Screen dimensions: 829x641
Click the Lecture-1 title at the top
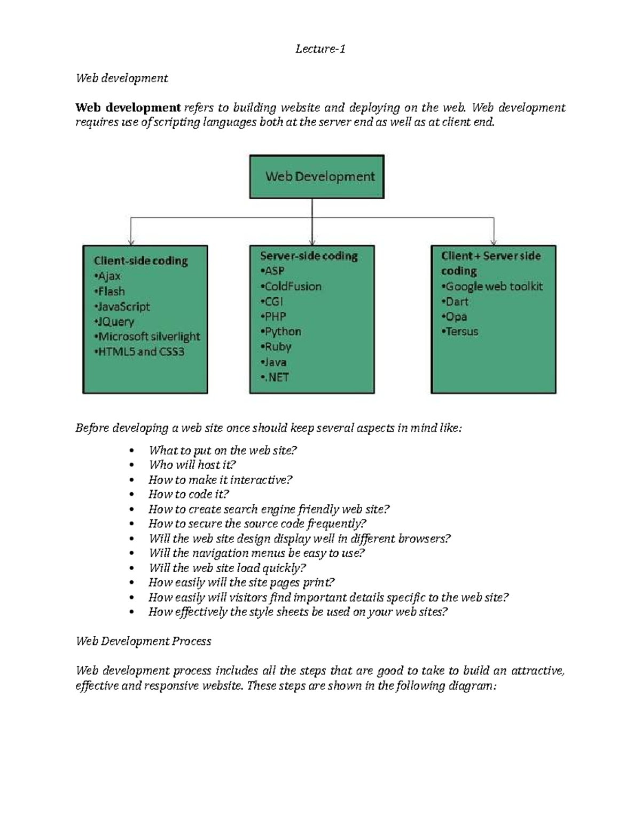pyautogui.click(x=320, y=49)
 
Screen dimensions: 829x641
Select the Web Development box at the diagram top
pyautogui.click(x=317, y=177)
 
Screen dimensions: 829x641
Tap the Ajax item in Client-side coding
pyautogui.click(x=109, y=276)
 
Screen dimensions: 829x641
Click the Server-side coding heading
pyautogui.click(x=309, y=256)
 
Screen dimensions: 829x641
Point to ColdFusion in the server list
pyautogui.click(x=293, y=287)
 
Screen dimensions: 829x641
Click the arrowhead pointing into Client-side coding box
pyautogui.click(x=131, y=242)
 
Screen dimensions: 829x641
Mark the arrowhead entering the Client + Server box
pyautogui.click(x=494, y=242)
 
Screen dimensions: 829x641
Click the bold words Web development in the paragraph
pyautogui.click(x=128, y=108)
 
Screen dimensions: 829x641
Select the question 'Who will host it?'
pyautogui.click(x=192, y=465)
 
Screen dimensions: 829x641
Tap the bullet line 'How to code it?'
pyautogui.click(x=189, y=494)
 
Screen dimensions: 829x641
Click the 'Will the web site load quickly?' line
pyautogui.click(x=227, y=568)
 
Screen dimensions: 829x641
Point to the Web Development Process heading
pyautogui.click(x=144, y=641)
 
